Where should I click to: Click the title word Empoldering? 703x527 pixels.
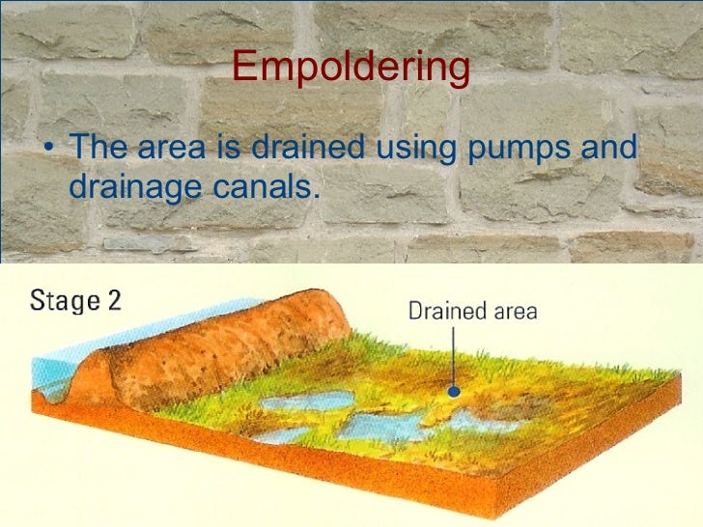[x=351, y=69]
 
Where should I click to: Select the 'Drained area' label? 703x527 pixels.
[x=472, y=311]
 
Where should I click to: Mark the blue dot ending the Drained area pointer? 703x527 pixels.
[x=451, y=393]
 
